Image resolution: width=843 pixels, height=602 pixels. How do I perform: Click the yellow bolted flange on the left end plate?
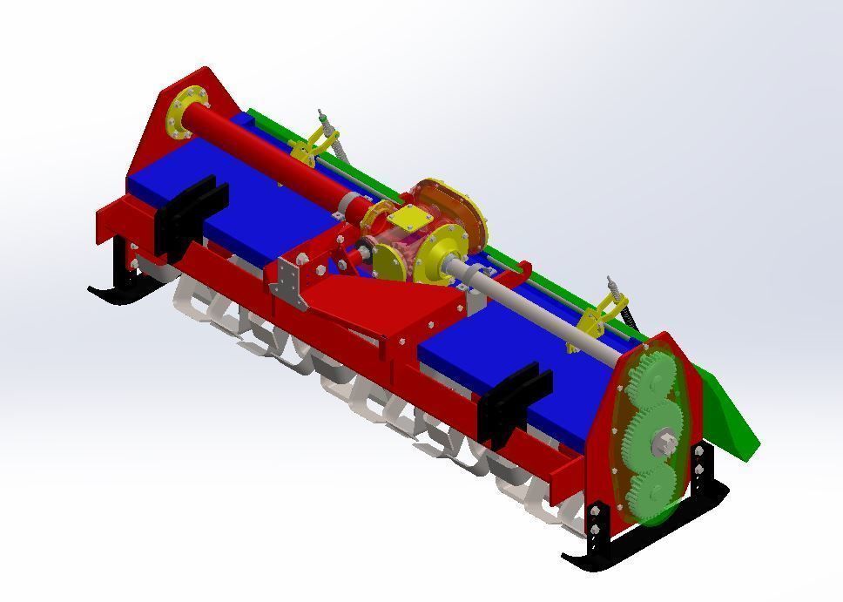pos(185,112)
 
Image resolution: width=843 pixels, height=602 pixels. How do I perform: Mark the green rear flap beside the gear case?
pos(727,409)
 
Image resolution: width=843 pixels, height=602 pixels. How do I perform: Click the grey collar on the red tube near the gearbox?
pos(351,206)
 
